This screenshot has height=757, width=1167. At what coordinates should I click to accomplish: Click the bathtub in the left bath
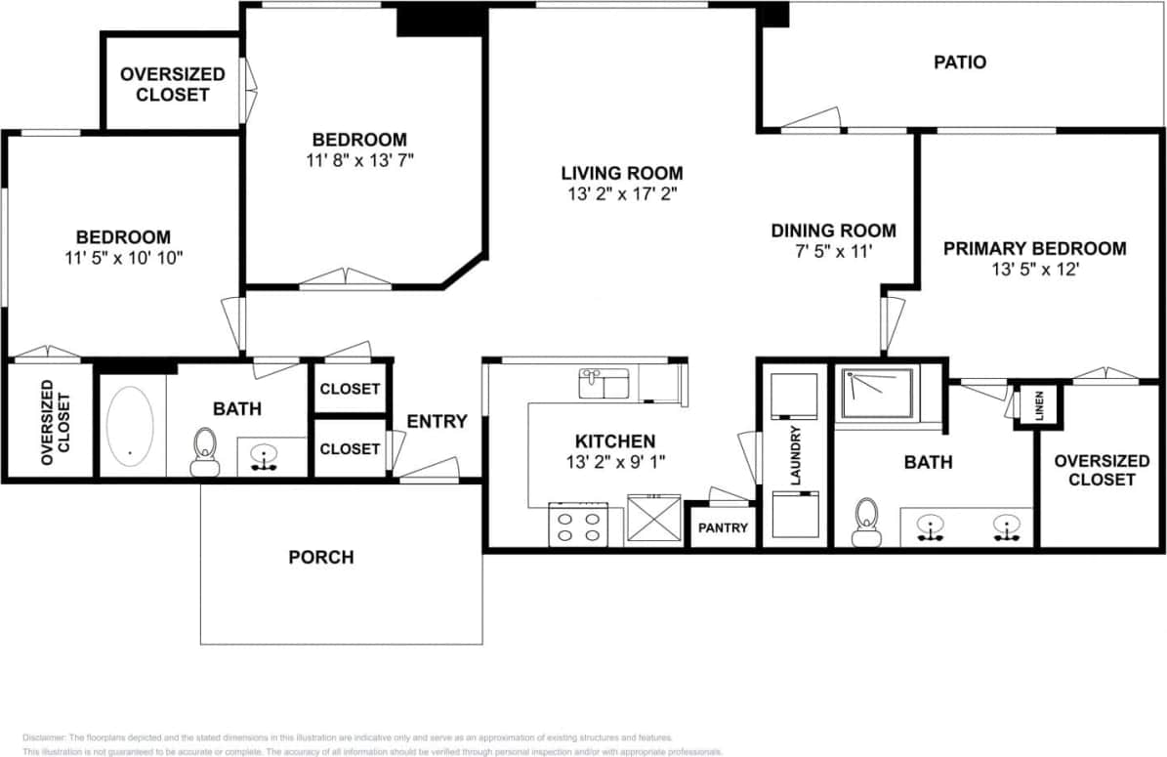click(x=131, y=426)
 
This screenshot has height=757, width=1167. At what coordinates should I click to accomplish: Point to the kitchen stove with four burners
click(x=578, y=525)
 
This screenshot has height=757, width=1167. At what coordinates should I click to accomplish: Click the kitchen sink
click(x=604, y=383)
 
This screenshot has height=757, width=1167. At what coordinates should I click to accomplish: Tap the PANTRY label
click(x=724, y=527)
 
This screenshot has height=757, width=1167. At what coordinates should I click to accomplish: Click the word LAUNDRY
click(x=795, y=456)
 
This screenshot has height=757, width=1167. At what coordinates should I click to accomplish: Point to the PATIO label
click(x=960, y=63)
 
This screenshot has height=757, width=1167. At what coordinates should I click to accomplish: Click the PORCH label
click(x=321, y=558)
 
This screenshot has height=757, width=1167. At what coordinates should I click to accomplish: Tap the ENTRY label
click(x=437, y=422)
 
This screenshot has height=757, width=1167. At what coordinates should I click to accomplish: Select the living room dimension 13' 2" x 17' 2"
click(x=621, y=193)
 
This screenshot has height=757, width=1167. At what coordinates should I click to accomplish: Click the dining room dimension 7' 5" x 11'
click(x=833, y=251)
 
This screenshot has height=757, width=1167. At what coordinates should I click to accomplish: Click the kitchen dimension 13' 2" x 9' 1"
click(x=614, y=461)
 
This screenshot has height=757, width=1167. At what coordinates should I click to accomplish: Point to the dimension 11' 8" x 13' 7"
click(x=358, y=159)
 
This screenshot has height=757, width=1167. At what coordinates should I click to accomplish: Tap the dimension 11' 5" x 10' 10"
click(x=123, y=257)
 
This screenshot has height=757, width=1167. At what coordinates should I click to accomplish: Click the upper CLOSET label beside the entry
click(x=350, y=389)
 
